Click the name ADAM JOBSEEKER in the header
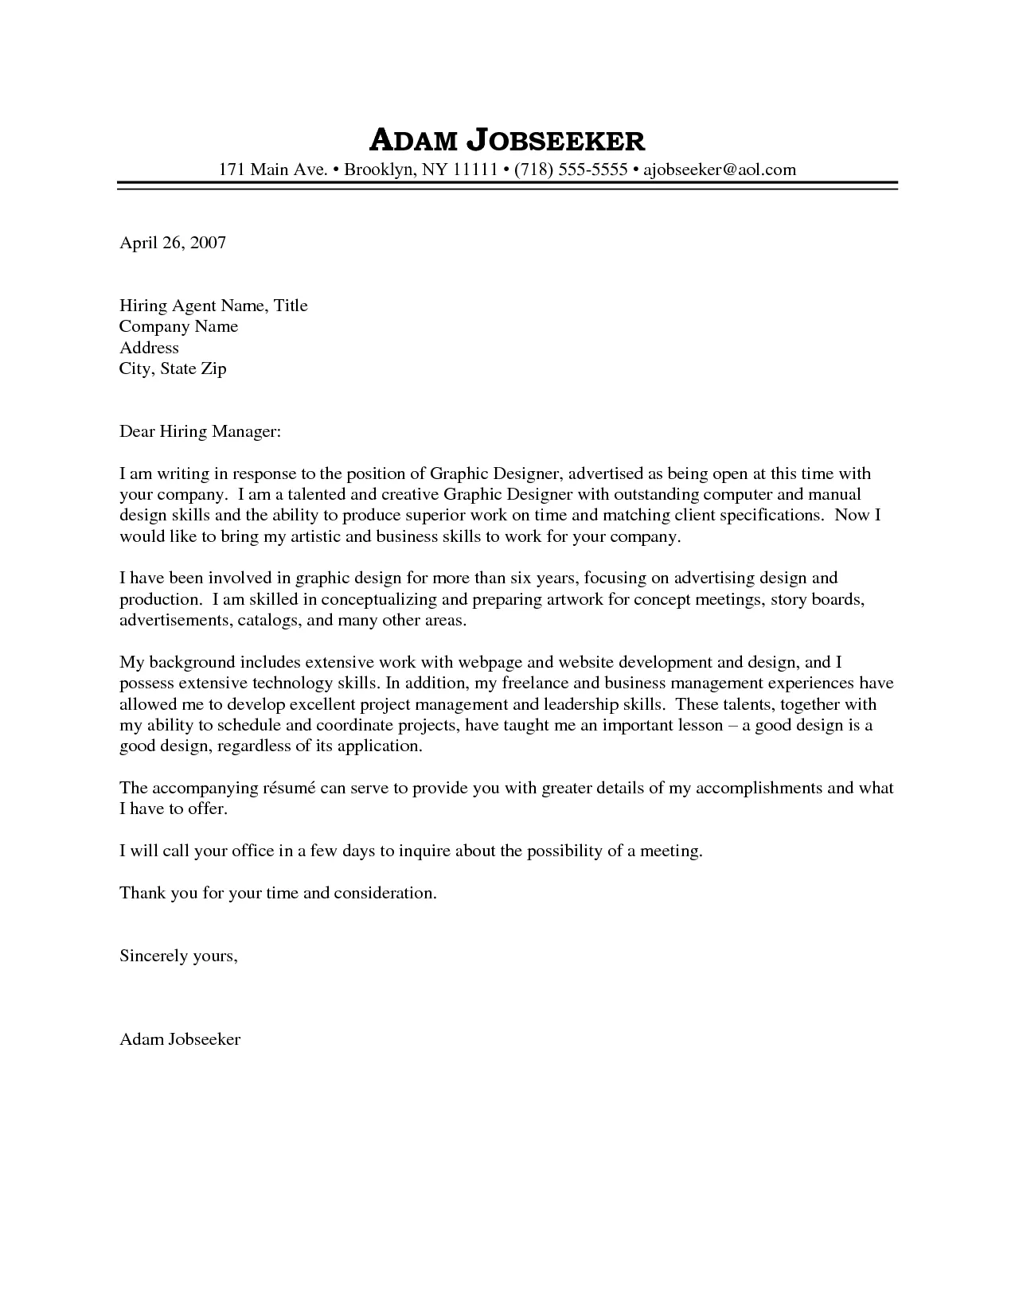click(x=507, y=141)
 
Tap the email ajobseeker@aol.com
click(x=720, y=169)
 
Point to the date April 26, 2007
click(x=173, y=243)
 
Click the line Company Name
click(x=178, y=326)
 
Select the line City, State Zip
click(x=173, y=368)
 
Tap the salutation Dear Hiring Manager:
click(x=201, y=431)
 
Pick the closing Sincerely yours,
click(x=178, y=955)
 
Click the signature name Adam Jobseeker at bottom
click(x=180, y=1038)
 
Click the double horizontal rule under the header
click(x=507, y=185)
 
